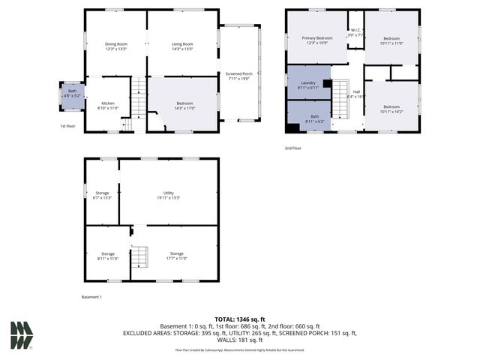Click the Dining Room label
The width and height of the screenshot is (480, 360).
[116, 46]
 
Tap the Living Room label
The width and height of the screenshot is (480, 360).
[182, 46]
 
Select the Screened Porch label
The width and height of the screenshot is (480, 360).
[238, 76]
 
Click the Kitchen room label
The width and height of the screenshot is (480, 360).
[108, 105]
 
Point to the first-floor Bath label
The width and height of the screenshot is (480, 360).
[72, 93]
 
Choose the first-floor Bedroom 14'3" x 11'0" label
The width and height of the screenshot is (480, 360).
[184, 105]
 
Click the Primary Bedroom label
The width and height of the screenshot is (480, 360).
[316, 40]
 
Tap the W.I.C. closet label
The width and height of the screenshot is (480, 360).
[355, 33]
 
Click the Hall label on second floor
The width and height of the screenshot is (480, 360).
[356, 94]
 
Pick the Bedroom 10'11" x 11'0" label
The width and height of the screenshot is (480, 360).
[392, 40]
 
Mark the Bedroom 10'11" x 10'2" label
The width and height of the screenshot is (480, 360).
[392, 108]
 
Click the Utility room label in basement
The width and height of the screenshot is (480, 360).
[169, 194]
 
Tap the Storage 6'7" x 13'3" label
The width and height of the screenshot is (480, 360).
[102, 195]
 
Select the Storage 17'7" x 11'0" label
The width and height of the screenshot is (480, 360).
[176, 256]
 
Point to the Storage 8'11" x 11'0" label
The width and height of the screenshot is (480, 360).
[108, 256]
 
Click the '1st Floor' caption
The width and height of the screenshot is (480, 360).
[68, 126]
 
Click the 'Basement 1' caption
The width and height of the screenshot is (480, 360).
[92, 297]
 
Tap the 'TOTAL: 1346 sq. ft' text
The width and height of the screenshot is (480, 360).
[240, 319]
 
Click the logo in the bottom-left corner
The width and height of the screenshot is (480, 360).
[21, 335]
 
